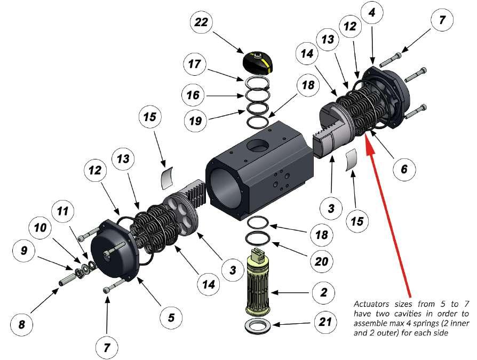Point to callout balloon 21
325,322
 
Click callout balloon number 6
404,169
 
